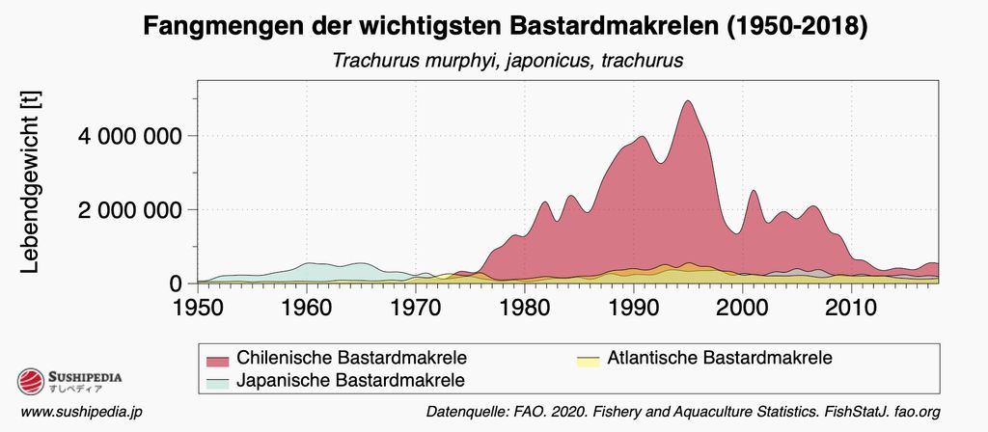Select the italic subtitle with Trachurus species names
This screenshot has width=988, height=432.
508,61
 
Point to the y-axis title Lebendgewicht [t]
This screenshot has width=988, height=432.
30,182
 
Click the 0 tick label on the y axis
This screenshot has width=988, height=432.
176,283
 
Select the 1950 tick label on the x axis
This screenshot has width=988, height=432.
198,310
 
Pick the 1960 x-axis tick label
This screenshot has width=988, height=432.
306,310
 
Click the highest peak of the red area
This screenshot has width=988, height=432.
687,101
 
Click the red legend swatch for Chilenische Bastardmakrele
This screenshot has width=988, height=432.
218,360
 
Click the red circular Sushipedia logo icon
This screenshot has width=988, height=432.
31,383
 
